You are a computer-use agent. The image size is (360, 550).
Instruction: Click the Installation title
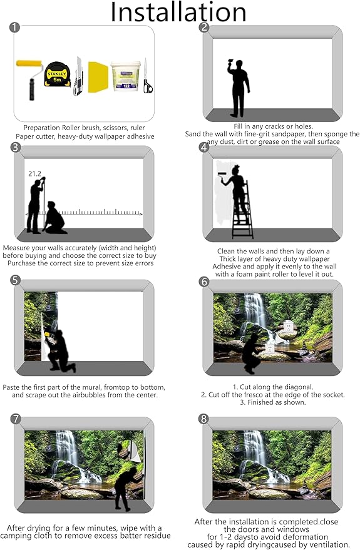tap(180, 13)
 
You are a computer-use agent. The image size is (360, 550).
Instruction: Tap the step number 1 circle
tap(15, 28)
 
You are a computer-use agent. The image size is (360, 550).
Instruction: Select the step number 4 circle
tap(204, 148)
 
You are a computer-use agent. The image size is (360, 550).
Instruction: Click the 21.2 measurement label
tap(34, 173)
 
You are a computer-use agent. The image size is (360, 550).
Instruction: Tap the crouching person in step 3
tap(56, 218)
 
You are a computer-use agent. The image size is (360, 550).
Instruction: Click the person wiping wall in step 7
tap(126, 482)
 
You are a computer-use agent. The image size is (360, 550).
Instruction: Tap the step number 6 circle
tap(204, 282)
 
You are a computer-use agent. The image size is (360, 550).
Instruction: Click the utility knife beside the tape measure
tap(77, 76)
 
